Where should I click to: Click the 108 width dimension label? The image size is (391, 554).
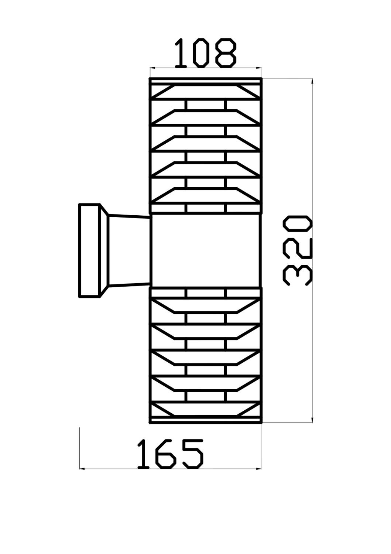pos(205,54)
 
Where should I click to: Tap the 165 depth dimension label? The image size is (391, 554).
pos(170,454)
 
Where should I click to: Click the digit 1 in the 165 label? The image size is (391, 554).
pos(143,454)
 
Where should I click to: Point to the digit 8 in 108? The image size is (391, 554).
pos(226,54)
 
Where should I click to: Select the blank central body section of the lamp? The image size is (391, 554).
pos(206,250)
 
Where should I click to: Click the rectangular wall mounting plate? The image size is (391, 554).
pos(90,250)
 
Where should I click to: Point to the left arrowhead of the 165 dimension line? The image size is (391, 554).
pos(82,469)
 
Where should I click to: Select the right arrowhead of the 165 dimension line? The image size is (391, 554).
pos(258,469)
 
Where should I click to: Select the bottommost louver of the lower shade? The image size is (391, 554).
pos(206,410)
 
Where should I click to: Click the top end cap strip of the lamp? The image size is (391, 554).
pos(206,81)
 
